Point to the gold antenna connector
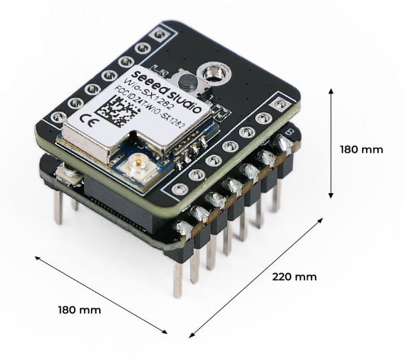(136, 168)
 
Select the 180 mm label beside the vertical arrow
(362, 150)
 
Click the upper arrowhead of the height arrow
(331, 91)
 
